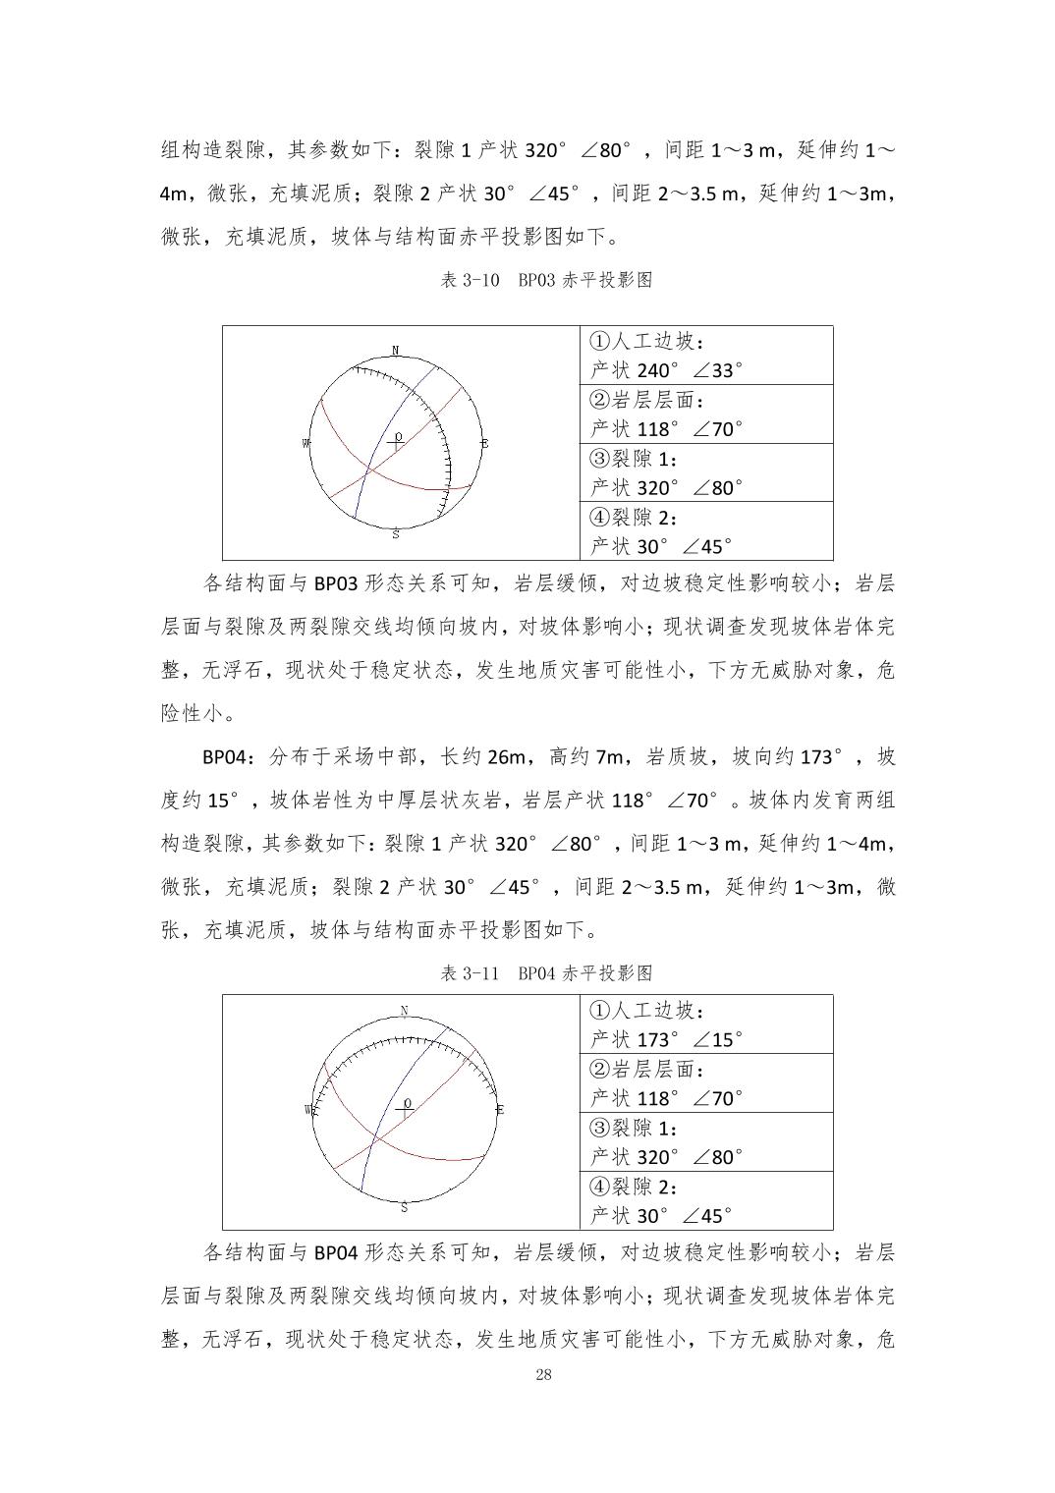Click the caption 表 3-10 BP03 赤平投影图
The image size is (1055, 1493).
coord(546,281)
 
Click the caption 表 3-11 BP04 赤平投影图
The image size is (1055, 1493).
coord(546,974)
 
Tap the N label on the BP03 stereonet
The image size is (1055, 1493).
coord(396,351)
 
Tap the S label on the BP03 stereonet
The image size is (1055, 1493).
coord(396,534)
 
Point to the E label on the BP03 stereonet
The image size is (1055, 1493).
coord(484,444)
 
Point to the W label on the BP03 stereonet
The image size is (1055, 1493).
coord(306,444)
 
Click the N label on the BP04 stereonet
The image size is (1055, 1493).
coord(405,1012)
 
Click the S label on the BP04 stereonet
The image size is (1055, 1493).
coord(404,1206)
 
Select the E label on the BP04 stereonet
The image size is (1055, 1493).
coord(500,1110)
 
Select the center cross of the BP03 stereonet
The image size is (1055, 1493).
coord(396,444)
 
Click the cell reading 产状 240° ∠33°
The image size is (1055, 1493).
coord(667,370)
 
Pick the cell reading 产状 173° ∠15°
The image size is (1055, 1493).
coord(667,1040)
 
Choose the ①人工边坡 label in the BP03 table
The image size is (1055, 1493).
coord(647,342)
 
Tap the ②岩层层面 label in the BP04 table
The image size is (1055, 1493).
coord(647,1070)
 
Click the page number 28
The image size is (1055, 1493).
coord(543,1374)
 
